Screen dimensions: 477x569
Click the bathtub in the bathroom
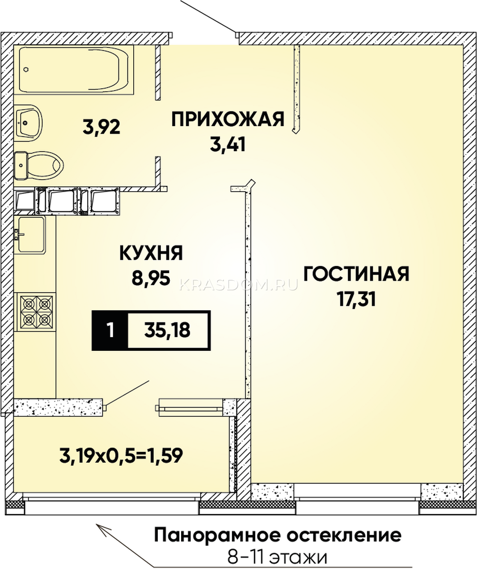(x=73, y=70)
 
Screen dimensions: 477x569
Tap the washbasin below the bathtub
(x=28, y=123)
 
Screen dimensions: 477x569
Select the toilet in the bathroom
(x=38, y=165)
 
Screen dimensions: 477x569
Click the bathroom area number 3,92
(x=101, y=127)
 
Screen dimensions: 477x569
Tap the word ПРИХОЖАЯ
(x=228, y=119)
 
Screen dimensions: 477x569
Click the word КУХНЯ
(x=151, y=253)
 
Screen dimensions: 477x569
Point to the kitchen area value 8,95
(x=151, y=278)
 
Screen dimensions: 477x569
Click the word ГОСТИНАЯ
(x=356, y=274)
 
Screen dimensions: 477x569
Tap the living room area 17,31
(x=356, y=299)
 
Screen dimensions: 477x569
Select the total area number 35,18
(x=167, y=330)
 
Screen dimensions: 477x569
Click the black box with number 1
(x=110, y=330)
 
